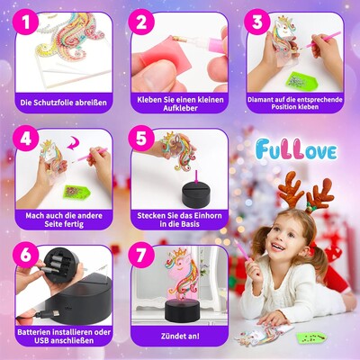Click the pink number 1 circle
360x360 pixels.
[25, 22]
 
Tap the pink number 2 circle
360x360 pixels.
[141, 22]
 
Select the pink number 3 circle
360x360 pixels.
[256, 22]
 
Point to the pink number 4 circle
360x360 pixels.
[25, 139]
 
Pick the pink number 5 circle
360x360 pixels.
[141, 139]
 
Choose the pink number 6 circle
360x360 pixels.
[25, 255]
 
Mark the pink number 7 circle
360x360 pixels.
[141, 255]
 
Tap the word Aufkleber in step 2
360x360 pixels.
[180, 108]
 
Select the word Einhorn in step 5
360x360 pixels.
[206, 215]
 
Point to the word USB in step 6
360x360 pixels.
[41, 340]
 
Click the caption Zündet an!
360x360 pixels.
[180, 336]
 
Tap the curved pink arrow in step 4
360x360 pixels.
[74, 143]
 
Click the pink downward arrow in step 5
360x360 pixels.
[196, 176]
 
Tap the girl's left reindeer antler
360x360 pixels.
[291, 186]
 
